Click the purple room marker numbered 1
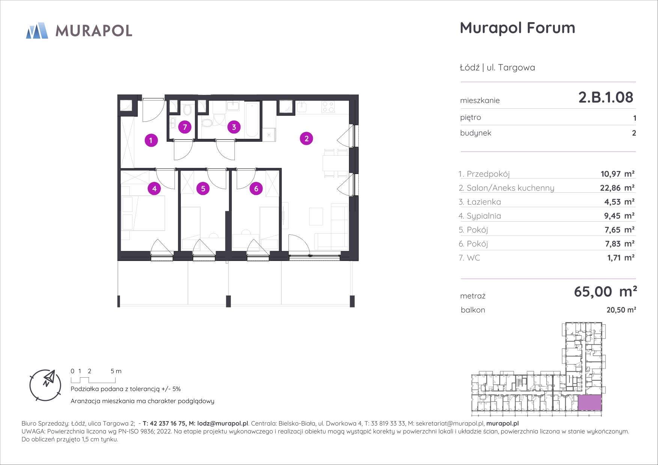pyautogui.click(x=151, y=141)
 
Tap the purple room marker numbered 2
pyautogui.click(x=306, y=139)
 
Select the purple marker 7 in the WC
pyautogui.click(x=185, y=127)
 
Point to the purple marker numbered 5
pyautogui.click(x=203, y=188)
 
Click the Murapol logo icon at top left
pyautogui.click(x=37, y=30)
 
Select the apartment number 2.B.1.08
pyautogui.click(x=606, y=97)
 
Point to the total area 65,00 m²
pyautogui.click(x=605, y=291)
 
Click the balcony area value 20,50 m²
pyautogui.click(x=621, y=310)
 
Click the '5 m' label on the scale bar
pyautogui.click(x=116, y=371)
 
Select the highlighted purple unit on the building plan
pyautogui.click(x=590, y=403)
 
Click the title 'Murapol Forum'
pyautogui.click(x=517, y=28)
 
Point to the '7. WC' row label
pyautogui.click(x=469, y=258)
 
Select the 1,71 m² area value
pyautogui.click(x=620, y=258)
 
